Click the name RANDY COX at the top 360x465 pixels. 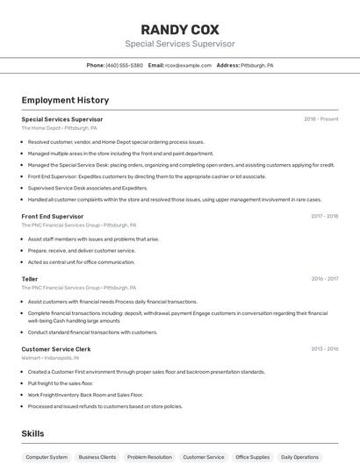tap(180, 29)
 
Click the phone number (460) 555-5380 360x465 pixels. tap(124, 66)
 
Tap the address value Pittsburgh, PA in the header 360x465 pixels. tap(257, 66)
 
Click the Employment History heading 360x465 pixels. tap(65, 100)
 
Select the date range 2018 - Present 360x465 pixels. tap(320, 119)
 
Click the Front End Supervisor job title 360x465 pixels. tap(53, 216)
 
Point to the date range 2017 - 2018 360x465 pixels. tap(324, 216)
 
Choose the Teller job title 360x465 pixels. tap(30, 279)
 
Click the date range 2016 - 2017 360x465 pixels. tap(324, 279)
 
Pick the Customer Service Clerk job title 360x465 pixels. tap(56, 349)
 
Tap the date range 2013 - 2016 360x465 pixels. tap(324, 349)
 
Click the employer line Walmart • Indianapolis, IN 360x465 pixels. tap(51, 358)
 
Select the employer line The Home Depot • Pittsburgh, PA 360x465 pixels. tap(60, 128)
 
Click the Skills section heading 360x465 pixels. tap(32, 433)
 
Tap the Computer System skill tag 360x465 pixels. tap(47, 457)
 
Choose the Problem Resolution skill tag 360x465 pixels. tap(149, 457)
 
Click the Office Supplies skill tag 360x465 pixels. tap(254, 457)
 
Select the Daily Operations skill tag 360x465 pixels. tap(299, 457)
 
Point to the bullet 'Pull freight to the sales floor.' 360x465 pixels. tap(61, 383)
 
